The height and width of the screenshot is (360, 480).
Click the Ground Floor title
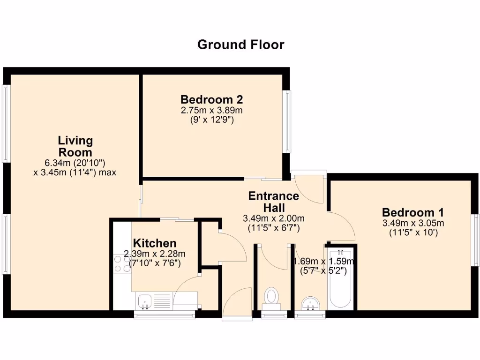(x=240, y=45)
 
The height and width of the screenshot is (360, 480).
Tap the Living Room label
(x=75, y=146)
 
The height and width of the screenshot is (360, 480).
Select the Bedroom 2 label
(x=212, y=100)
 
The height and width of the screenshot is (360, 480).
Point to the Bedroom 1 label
(x=413, y=212)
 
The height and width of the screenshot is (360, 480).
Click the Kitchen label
(x=155, y=243)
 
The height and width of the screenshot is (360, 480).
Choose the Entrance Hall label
(x=274, y=202)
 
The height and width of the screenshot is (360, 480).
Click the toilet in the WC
(x=271, y=297)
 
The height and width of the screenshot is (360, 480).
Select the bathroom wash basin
(x=309, y=303)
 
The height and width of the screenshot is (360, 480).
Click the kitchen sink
(x=145, y=300)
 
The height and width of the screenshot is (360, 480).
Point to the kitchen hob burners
(x=122, y=264)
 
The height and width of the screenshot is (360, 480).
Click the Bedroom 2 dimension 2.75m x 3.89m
(x=212, y=111)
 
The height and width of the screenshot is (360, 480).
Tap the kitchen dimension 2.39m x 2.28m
(x=155, y=254)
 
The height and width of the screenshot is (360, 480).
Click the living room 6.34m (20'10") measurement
(x=75, y=163)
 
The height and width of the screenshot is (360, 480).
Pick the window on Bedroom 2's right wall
(x=287, y=121)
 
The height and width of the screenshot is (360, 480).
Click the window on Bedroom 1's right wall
(x=475, y=240)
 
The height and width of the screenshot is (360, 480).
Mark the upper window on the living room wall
(x=6, y=124)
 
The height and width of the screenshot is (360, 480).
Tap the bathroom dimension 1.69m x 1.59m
(x=323, y=262)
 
